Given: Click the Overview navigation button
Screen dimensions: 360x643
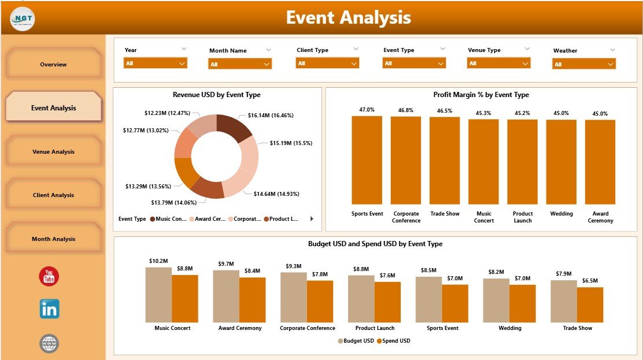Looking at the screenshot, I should coord(53,64).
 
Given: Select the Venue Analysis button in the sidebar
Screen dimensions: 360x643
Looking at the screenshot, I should coord(53,151).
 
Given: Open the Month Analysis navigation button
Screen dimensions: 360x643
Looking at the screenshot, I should coord(53,239).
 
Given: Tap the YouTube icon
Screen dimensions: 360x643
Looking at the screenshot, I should coord(49,277).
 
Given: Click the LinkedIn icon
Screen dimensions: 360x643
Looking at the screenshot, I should coord(49,309).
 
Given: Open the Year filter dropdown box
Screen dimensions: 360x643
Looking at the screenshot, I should coord(156,64).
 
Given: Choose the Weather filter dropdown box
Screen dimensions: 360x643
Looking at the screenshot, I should coord(584,64).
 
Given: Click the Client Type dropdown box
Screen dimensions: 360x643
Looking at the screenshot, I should coord(327,64).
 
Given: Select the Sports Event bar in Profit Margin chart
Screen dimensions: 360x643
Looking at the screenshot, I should coord(367,160).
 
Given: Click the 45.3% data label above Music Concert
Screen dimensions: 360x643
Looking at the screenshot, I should coord(484,113).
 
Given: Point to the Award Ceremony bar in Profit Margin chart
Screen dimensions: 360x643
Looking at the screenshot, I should coord(600,162).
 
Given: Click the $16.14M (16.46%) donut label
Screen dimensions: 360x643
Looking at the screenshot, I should coord(271,116).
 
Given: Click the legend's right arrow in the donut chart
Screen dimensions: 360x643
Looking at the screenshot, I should coord(312,219).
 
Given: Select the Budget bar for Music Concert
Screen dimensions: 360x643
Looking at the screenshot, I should coord(158,294).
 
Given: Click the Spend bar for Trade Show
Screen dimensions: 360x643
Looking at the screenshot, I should coord(590,305).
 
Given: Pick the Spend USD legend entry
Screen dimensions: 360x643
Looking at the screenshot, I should coord(393,341).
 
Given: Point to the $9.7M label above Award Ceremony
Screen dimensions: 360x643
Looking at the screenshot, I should coord(226,264).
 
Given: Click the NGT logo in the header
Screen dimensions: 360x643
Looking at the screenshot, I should coord(23,18).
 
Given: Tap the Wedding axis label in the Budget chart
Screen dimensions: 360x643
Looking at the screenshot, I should coord(510,328).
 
